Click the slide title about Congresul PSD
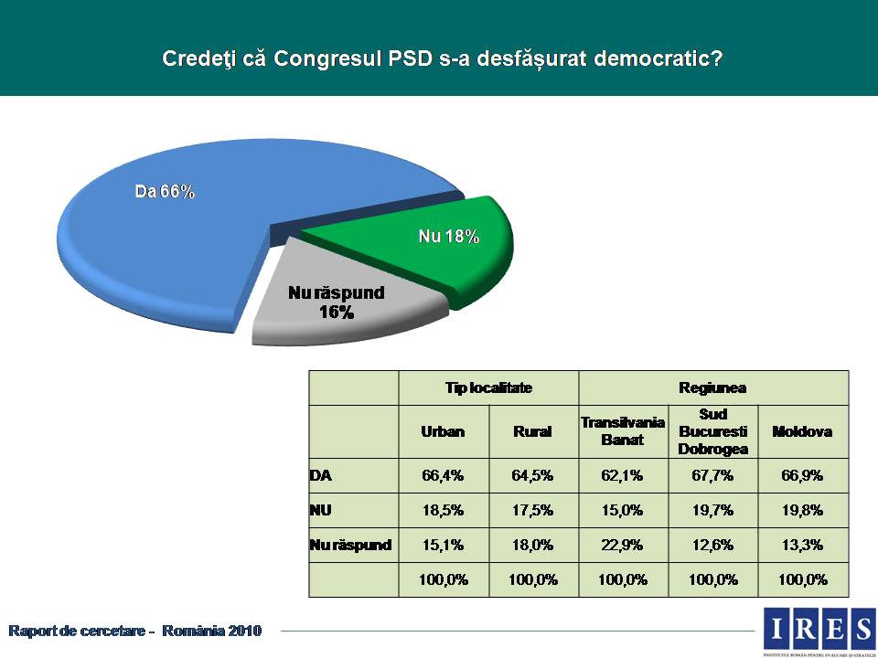point(443,58)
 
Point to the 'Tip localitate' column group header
point(488,387)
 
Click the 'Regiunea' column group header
point(712,387)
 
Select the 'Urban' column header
point(443,431)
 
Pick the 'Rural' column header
point(533,431)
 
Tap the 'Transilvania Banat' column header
point(623,431)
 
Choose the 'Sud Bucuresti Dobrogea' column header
point(712,431)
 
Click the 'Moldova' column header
point(802,431)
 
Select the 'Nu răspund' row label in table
point(351,546)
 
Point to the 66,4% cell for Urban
point(443,475)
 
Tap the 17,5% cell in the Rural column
point(533,510)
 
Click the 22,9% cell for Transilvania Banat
point(623,546)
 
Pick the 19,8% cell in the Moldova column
point(802,510)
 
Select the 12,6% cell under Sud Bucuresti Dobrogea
point(712,546)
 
